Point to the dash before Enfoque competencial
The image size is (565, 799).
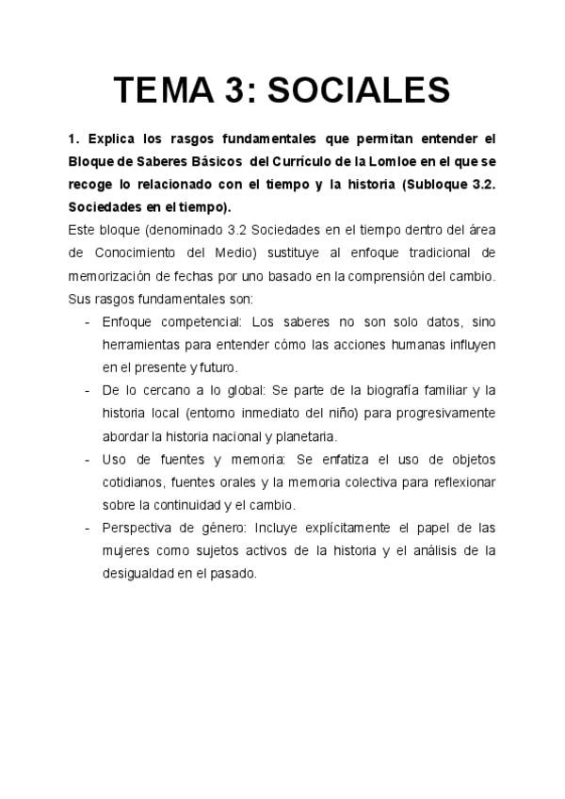coord(87,322)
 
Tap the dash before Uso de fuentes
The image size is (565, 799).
coord(87,460)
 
